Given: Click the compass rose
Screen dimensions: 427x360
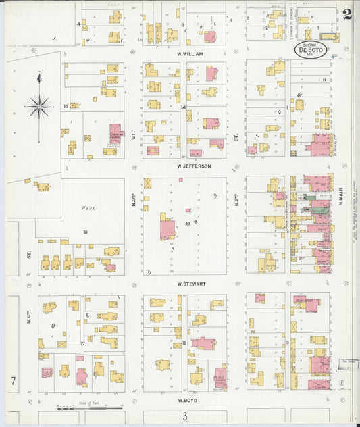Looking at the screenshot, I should point(39,106).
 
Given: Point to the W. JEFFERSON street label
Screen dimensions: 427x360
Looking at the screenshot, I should point(194,166).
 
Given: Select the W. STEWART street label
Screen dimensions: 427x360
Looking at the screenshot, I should point(191,284).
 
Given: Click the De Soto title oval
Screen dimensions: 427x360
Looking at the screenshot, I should point(309,49).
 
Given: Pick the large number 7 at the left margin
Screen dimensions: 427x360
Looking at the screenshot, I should point(13,382).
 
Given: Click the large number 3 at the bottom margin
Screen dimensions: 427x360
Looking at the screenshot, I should point(184,417).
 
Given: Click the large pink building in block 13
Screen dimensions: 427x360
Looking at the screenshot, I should point(167,228).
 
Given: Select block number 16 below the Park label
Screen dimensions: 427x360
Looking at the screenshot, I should point(85,232).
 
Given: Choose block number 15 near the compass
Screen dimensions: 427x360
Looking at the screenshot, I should point(66,106).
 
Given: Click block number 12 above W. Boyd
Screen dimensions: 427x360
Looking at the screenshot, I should point(184,344).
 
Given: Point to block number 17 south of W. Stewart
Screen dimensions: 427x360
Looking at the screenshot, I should point(82,344).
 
